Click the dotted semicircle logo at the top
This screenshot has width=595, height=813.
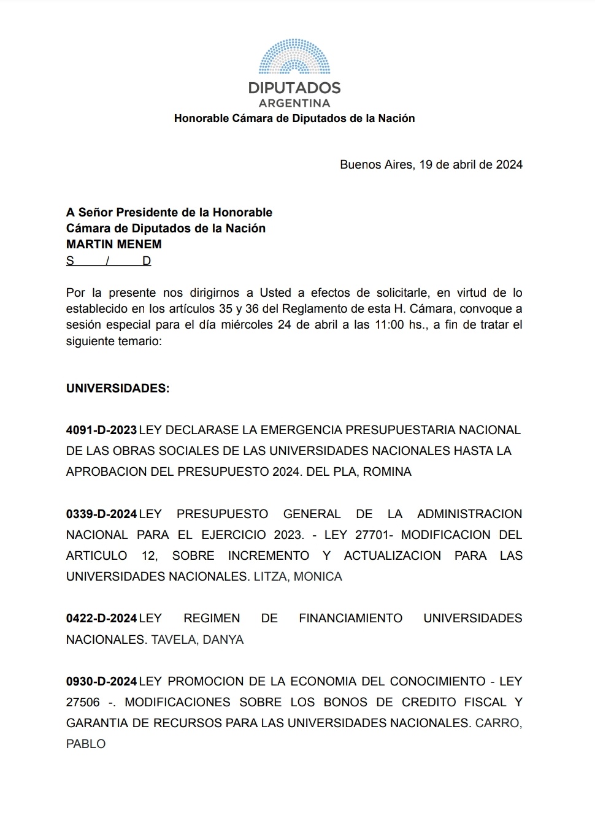point(294,56)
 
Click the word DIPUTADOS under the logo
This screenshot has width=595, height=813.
point(294,88)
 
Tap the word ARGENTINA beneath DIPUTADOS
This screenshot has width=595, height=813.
point(294,103)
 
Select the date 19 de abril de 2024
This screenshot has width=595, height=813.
point(471,164)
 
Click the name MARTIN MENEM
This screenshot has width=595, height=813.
point(114,244)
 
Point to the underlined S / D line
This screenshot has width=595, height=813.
point(109,261)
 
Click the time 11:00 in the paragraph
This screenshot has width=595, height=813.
point(389,325)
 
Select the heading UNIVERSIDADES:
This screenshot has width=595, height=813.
point(118,388)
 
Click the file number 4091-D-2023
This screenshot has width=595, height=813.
point(101,430)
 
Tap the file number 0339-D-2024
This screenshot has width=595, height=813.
point(101,514)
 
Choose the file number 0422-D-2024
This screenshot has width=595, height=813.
point(101,618)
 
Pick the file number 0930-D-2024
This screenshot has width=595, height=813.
point(101,681)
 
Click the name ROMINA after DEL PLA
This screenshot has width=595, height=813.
point(387,471)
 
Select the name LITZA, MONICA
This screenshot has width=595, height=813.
point(297,576)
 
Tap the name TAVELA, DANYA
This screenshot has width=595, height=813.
point(198,639)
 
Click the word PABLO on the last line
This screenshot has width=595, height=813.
point(86,744)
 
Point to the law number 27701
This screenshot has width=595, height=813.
point(372,535)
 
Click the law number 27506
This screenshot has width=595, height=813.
point(83,702)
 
